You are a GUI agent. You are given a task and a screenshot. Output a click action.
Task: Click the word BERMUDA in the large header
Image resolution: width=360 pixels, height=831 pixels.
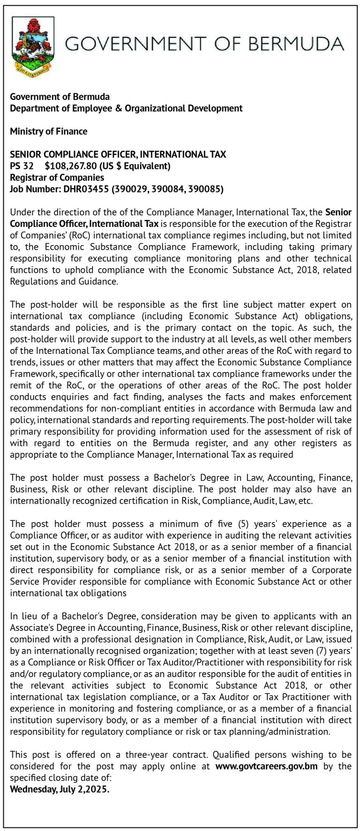click(296, 44)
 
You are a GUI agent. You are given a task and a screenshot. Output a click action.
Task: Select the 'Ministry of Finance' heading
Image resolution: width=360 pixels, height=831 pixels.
click(49, 131)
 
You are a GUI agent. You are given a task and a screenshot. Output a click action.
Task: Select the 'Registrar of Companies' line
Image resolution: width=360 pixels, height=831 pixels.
click(57, 177)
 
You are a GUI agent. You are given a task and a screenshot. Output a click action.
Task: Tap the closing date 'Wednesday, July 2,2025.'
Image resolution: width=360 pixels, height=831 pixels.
click(60, 789)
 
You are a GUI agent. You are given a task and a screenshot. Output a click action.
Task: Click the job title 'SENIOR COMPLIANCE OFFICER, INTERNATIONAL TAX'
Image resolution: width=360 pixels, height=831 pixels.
click(118, 154)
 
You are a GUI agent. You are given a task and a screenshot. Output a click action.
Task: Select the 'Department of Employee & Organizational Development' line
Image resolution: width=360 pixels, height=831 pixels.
click(126, 108)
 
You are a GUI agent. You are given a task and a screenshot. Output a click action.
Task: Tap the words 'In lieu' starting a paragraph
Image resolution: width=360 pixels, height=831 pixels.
click(23, 616)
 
